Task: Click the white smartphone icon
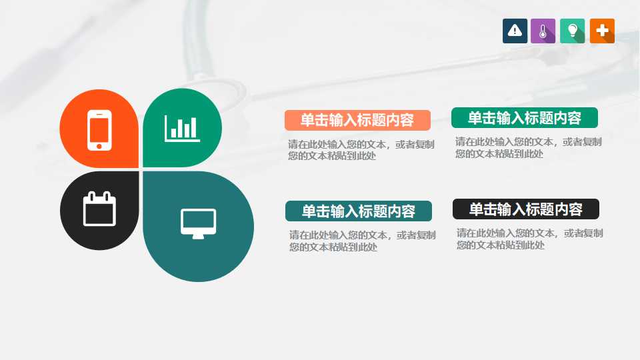coord(99,129)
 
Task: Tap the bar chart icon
coord(182,128)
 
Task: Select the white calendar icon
coord(99,209)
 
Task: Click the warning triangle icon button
coord(515,31)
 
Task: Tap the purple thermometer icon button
coord(543,31)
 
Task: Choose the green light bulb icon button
coord(572,31)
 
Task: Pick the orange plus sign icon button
coord(602,31)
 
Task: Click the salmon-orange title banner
coord(357,120)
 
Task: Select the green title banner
coord(524,118)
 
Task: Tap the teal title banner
coord(358,211)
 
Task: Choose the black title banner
coord(525,209)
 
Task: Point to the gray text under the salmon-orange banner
coord(361,150)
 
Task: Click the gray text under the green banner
coord(528,147)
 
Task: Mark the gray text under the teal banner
coord(362,241)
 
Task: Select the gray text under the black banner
coord(529,239)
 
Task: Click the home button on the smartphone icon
coord(99,145)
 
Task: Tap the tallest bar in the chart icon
coord(194,127)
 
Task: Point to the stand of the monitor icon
coord(199,235)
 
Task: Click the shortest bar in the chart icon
coord(174,133)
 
